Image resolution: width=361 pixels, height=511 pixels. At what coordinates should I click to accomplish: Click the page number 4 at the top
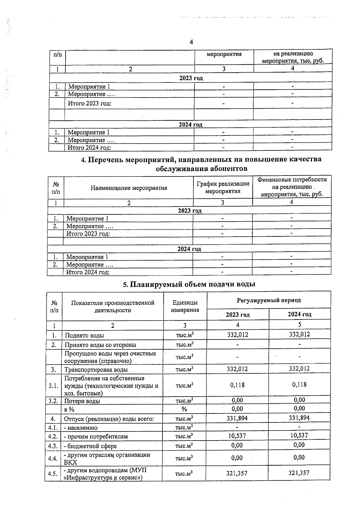tap(191, 42)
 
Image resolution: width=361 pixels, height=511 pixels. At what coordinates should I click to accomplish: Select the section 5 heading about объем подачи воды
tap(189, 284)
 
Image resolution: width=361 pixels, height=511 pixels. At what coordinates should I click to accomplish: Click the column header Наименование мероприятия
tap(129, 188)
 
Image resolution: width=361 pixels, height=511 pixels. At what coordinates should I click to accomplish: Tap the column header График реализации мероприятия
tap(223, 187)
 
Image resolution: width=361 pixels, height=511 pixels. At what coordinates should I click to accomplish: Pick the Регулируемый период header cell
tap(269, 300)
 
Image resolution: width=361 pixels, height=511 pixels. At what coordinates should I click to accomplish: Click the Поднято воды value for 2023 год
tap(237, 335)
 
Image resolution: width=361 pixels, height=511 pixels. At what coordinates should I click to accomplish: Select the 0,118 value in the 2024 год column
tap(299, 384)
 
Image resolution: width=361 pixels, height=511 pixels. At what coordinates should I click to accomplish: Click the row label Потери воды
tap(82, 401)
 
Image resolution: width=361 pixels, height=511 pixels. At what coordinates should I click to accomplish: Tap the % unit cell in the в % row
tap(184, 409)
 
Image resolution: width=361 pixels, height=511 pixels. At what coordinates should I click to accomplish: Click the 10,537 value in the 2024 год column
tap(299, 435)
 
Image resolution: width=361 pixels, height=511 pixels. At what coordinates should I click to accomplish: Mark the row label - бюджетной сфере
tap(90, 446)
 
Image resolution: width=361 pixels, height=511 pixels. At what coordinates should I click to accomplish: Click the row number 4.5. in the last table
tap(53, 474)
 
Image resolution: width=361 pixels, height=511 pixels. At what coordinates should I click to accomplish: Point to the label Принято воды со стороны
tap(100, 345)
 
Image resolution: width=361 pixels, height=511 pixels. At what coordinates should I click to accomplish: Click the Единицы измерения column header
tap(185, 306)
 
